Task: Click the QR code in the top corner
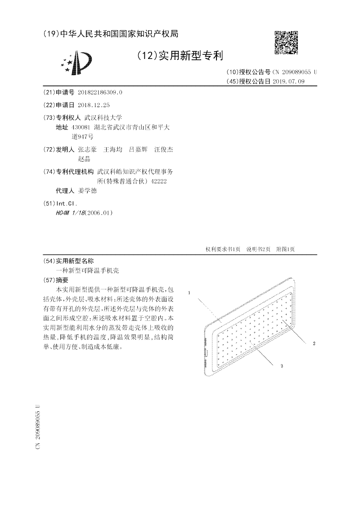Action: coord(286,42)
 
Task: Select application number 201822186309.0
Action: coord(100,92)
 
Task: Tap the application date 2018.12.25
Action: coord(94,104)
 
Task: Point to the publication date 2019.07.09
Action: coord(289,81)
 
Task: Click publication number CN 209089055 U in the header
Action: coord(295,72)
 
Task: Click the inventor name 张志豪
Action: coord(87,149)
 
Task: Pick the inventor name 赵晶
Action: coord(84,158)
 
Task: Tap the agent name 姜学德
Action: coord(87,190)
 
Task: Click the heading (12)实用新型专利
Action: coord(179,56)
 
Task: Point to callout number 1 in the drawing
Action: coord(189,293)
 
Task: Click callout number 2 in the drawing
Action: coord(314,343)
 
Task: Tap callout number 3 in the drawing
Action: coord(281,366)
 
